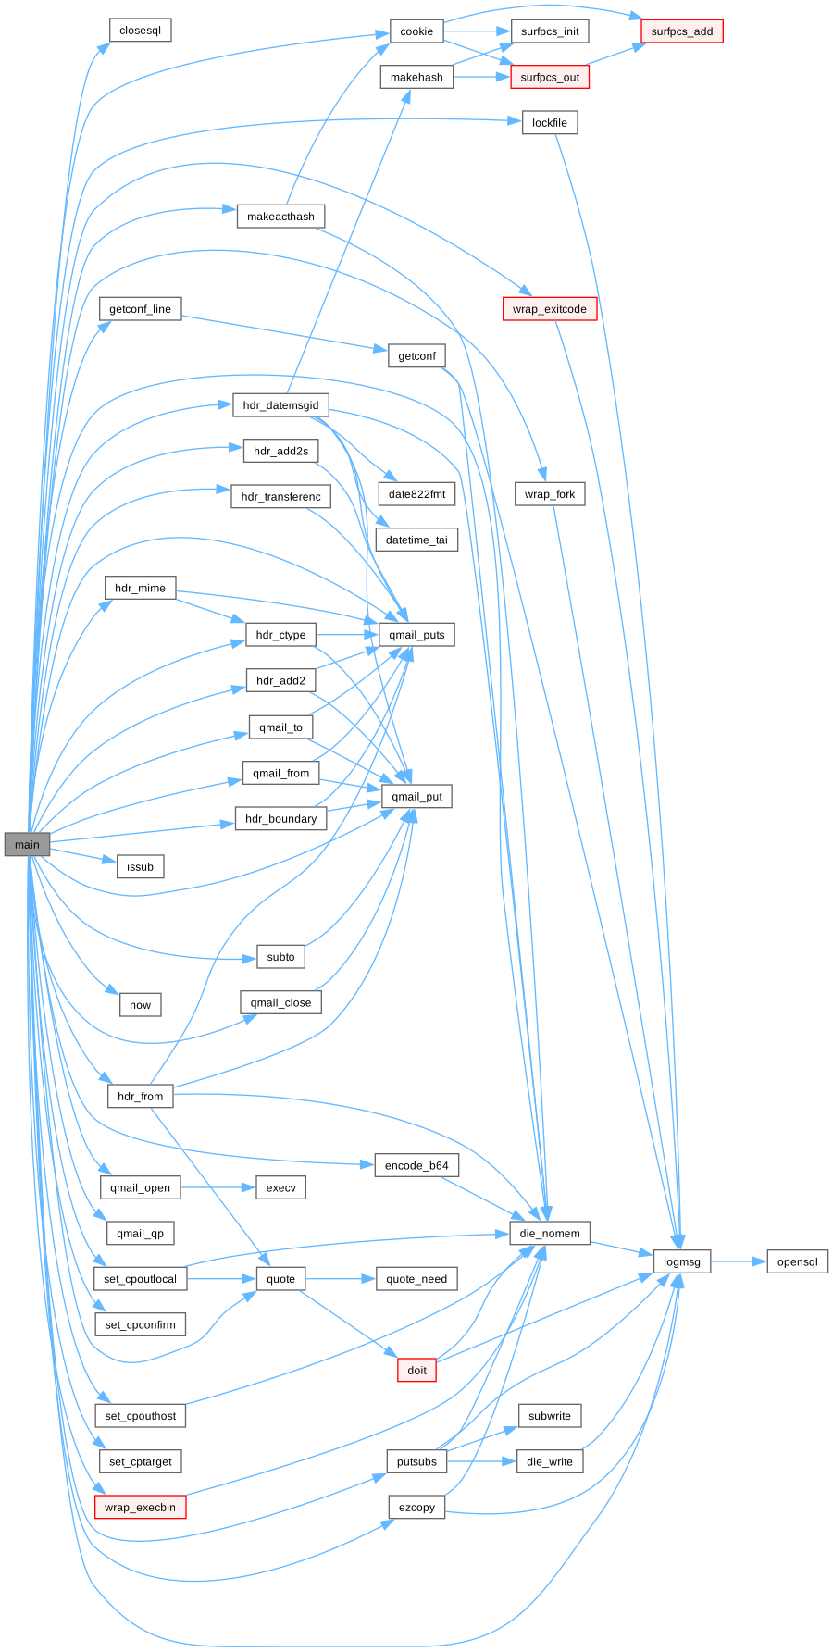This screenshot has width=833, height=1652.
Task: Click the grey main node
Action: [x=27, y=844]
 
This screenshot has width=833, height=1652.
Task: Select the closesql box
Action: [x=140, y=31]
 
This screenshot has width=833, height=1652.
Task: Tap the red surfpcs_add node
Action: [x=681, y=31]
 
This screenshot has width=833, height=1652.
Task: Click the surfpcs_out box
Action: [x=550, y=77]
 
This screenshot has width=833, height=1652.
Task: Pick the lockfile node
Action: [x=550, y=123]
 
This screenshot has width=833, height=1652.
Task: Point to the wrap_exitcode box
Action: [x=550, y=309]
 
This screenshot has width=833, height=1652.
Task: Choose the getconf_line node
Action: [x=140, y=309]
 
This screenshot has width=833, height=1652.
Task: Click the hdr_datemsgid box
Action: [x=280, y=405]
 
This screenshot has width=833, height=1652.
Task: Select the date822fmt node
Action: [x=416, y=494]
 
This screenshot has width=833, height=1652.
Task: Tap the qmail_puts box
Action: [x=416, y=635]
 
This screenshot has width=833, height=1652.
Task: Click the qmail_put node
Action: [x=416, y=796]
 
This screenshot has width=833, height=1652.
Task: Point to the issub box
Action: [x=140, y=867]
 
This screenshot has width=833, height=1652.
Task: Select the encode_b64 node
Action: [x=416, y=1166]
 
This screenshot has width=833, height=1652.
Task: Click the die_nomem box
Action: [x=550, y=1234]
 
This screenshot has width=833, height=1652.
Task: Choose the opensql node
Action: [x=797, y=1262]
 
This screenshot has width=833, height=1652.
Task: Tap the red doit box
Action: [x=416, y=1371]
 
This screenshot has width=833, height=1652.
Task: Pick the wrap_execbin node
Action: [x=140, y=1508]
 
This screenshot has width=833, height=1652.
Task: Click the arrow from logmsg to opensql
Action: [x=739, y=1261]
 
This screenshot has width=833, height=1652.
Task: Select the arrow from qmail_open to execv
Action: [x=218, y=1187]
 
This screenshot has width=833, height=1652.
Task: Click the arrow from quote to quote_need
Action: [x=341, y=1279]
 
